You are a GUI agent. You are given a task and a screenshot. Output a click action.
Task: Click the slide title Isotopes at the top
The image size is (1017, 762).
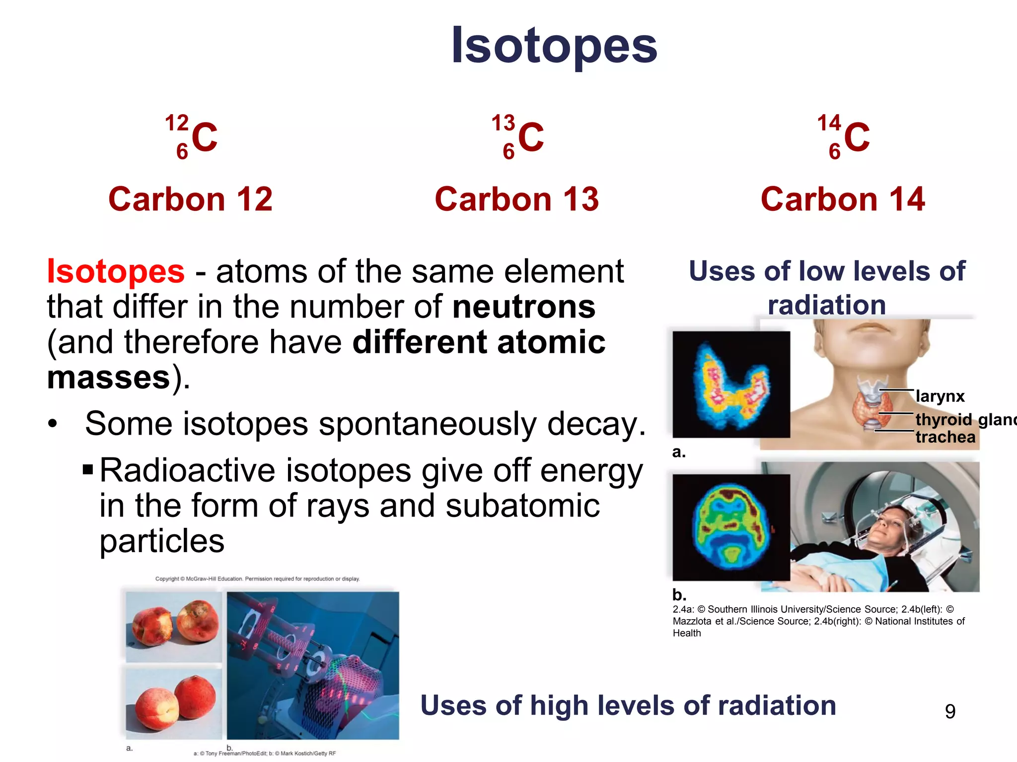coord(554,46)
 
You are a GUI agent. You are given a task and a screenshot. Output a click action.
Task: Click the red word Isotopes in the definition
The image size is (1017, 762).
coord(116,272)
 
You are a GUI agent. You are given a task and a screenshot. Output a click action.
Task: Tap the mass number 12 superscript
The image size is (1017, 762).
coord(177,123)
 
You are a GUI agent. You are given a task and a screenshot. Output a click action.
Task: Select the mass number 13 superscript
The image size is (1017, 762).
coord(503,123)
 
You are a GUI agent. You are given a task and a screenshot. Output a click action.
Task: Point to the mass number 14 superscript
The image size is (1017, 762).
coord(829,123)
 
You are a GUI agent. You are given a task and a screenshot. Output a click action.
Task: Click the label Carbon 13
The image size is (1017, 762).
coord(516,199)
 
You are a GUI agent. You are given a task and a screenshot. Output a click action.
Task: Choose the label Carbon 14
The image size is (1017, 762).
coord(843,199)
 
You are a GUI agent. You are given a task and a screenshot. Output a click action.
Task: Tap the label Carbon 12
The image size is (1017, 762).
coord(190,199)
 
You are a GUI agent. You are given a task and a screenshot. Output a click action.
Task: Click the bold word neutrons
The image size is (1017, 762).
coord(523,307)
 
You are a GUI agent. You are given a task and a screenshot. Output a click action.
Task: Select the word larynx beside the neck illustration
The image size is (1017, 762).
coord(940,396)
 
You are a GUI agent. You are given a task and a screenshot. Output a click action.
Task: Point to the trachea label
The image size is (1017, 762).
coord(945,437)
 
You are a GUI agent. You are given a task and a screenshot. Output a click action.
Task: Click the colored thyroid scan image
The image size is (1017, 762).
coord(730,384)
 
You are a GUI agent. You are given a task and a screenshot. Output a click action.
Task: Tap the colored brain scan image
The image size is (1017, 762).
coord(730,527)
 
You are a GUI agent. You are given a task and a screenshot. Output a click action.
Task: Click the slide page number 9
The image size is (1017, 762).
coord(950,711)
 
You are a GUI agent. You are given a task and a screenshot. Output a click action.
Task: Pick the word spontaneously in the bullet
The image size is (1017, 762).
coord(428,425)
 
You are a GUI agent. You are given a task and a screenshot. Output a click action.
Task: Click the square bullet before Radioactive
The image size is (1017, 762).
coord(88,469)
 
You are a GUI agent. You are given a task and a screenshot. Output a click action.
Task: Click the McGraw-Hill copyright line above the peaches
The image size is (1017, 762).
coord(257,578)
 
